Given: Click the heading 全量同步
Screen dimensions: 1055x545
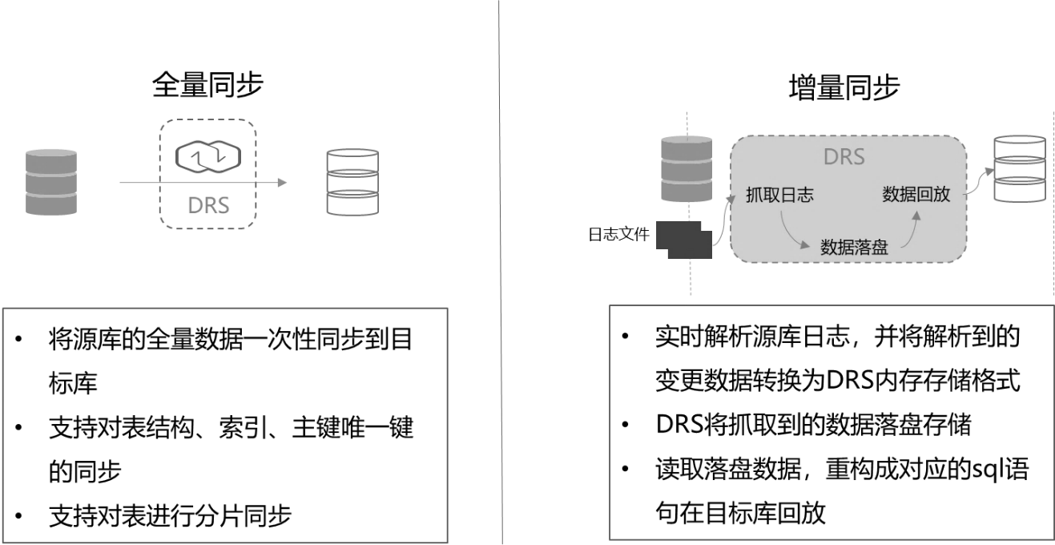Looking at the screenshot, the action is (x=207, y=85).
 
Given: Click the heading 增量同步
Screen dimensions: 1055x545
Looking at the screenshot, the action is (x=844, y=87).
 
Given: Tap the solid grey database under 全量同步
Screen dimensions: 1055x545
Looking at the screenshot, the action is (x=51, y=182).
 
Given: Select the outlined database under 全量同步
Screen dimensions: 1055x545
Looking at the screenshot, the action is (x=352, y=182).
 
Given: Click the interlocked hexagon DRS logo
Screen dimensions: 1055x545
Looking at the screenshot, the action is (x=208, y=157).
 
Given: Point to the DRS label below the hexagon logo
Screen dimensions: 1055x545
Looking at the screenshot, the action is (x=208, y=205).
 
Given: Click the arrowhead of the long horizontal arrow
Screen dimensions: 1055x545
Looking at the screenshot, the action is (x=282, y=182).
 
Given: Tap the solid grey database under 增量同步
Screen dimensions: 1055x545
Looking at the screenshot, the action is (x=687, y=168).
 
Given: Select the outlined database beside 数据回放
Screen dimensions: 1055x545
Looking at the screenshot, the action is (x=1020, y=168).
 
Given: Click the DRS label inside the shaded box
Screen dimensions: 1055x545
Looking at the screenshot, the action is (x=844, y=157).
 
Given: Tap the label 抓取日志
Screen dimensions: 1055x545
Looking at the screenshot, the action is (x=779, y=195).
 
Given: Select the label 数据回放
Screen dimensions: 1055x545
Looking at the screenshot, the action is (x=916, y=194).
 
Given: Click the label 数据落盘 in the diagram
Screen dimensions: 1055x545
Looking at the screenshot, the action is (x=854, y=247).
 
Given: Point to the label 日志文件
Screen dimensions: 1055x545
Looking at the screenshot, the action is (x=619, y=234).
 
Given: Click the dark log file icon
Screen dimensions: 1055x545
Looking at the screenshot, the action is (x=684, y=240).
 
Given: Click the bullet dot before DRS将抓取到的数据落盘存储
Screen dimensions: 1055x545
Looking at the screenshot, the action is (x=625, y=425).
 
